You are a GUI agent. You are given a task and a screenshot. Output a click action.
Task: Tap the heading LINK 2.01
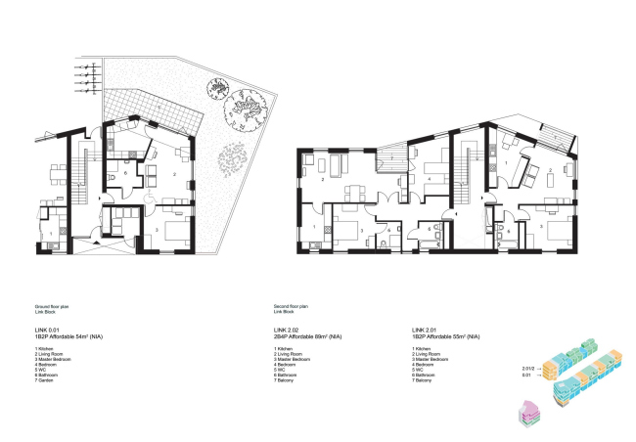426,331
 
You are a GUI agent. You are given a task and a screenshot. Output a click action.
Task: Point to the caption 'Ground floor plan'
51,306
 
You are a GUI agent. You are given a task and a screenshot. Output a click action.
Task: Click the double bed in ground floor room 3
174,233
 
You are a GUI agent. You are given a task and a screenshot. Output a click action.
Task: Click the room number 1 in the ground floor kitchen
51,233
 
